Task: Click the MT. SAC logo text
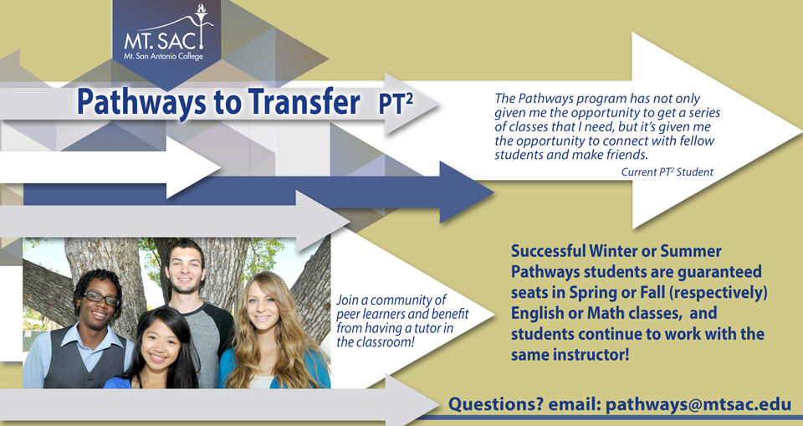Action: tap(161, 40)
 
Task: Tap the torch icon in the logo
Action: tap(202, 24)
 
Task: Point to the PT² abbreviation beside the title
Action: tap(396, 103)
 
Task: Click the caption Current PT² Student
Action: tap(667, 172)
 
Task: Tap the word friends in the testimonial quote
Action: tap(621, 155)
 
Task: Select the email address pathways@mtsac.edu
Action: tap(698, 404)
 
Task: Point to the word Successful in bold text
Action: tap(548, 251)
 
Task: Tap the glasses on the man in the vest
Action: tap(102, 298)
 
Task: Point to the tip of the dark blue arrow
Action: tap(494, 192)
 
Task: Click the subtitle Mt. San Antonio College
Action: tap(163, 56)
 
